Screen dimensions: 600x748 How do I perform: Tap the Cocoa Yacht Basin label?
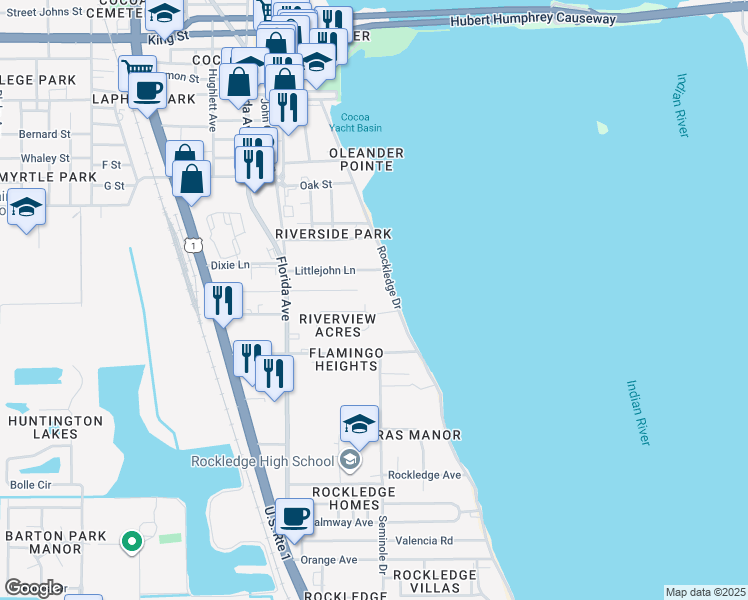(356, 121)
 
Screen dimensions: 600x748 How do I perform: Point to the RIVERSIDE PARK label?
(333, 233)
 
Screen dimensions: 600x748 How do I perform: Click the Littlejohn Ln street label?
(324, 271)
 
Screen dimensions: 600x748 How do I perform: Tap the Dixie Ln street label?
(230, 265)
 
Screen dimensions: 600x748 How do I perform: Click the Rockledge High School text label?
(262, 461)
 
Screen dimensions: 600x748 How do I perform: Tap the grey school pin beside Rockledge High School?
(350, 461)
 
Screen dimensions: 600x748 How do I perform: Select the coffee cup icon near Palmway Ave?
(294, 516)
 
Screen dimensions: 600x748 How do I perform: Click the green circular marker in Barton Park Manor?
(130, 542)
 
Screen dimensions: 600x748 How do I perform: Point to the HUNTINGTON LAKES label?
(55, 427)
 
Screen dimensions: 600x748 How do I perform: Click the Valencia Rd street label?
(424, 541)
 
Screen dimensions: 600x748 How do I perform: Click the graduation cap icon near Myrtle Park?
(27, 209)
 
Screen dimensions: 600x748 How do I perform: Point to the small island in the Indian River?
(602, 128)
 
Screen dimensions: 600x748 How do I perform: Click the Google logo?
(33, 588)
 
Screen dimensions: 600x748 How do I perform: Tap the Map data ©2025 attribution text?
(705, 592)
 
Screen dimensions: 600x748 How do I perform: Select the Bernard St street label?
(45, 133)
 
